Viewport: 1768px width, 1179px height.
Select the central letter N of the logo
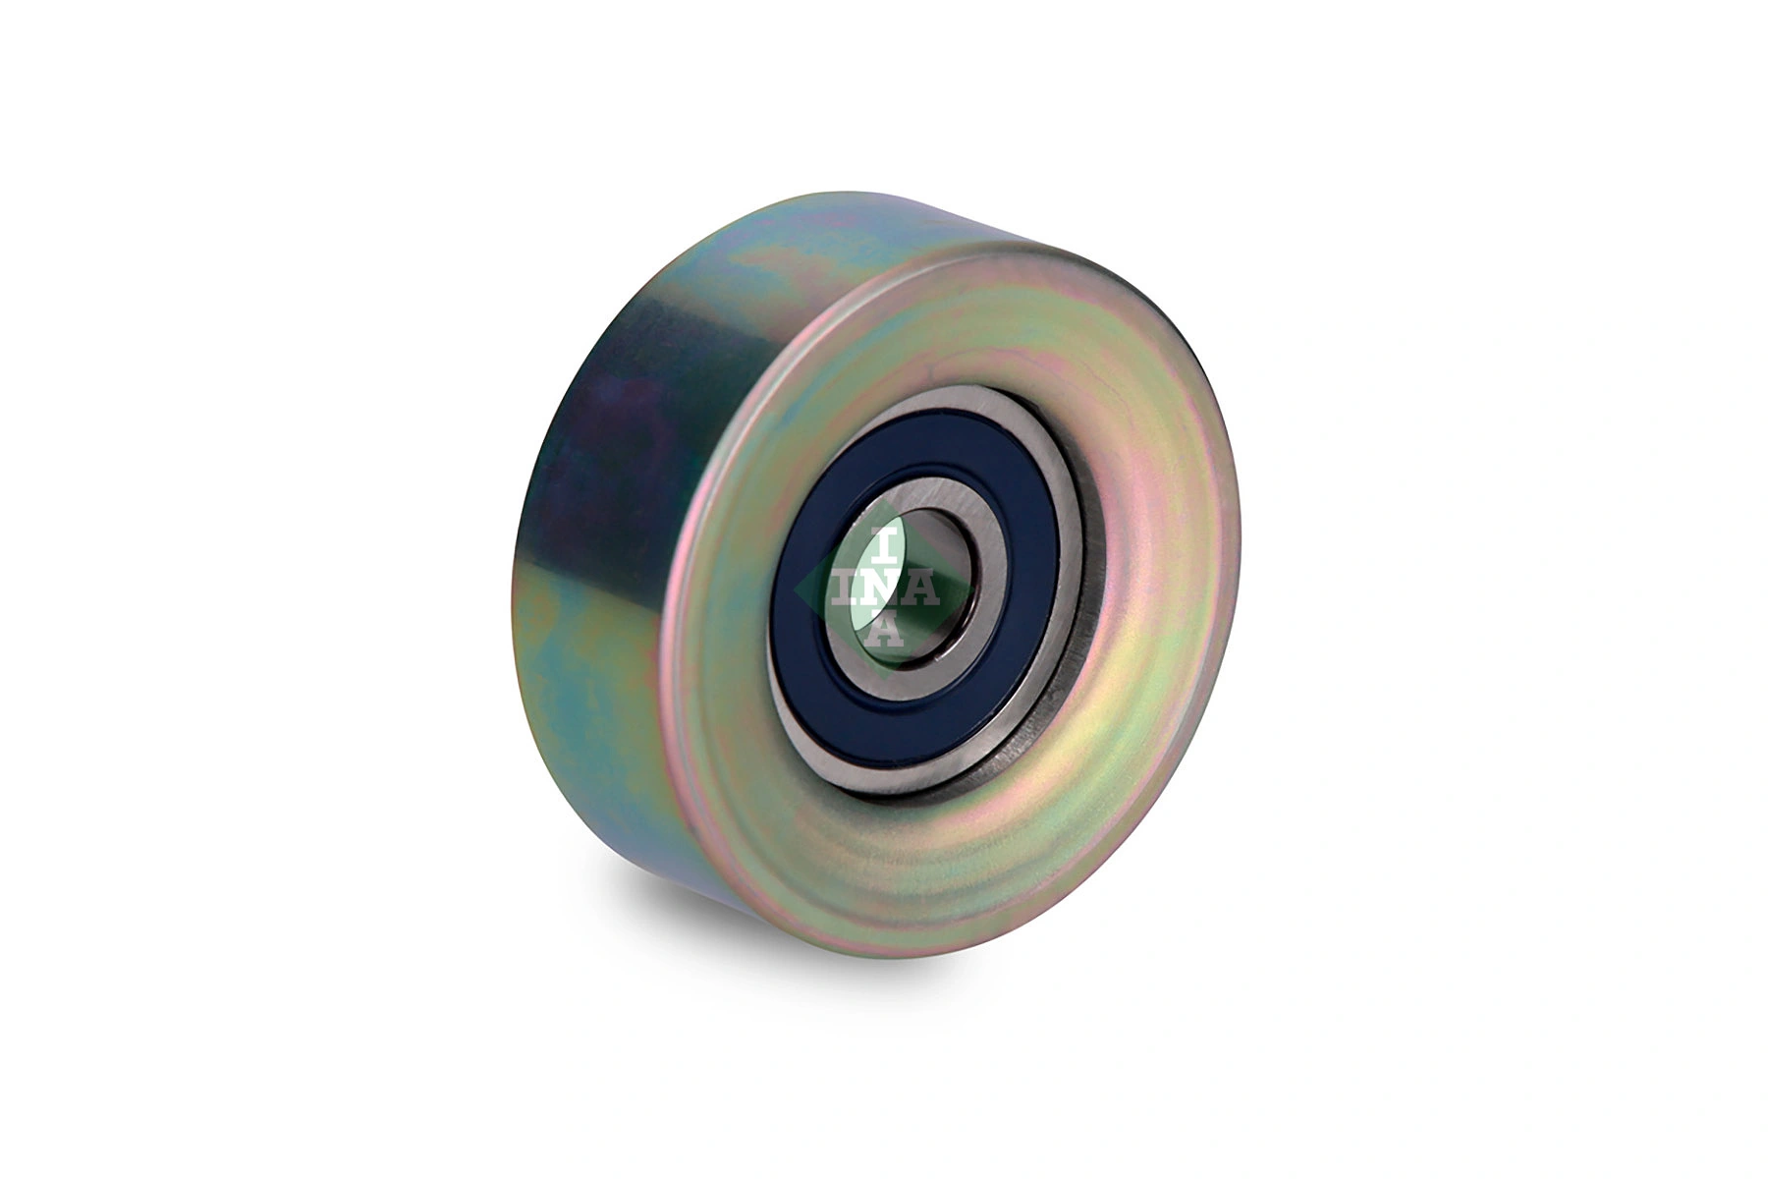pos(883,587)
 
